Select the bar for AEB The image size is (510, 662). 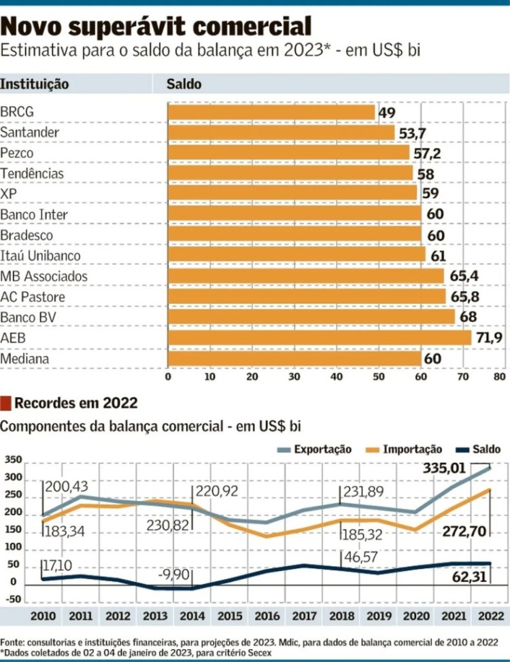click(x=319, y=338)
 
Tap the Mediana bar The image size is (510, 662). click(x=294, y=358)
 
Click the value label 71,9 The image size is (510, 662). click(x=488, y=338)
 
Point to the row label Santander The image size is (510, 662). click(x=30, y=132)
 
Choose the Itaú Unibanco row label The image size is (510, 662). click(x=41, y=256)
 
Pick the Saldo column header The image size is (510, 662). click(x=184, y=84)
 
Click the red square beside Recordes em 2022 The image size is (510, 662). click(x=6, y=403)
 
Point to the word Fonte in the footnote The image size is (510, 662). click(x=14, y=642)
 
